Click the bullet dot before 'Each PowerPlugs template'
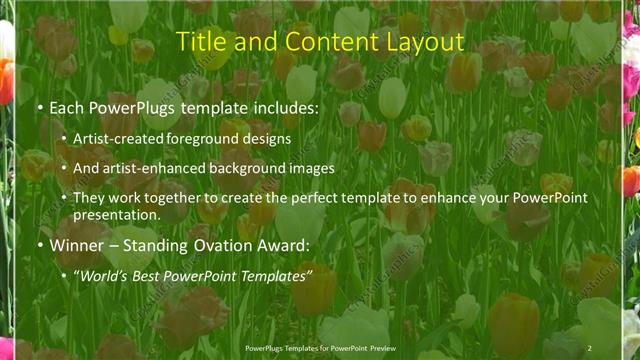click(38, 106)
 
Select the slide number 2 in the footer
click(590, 348)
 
